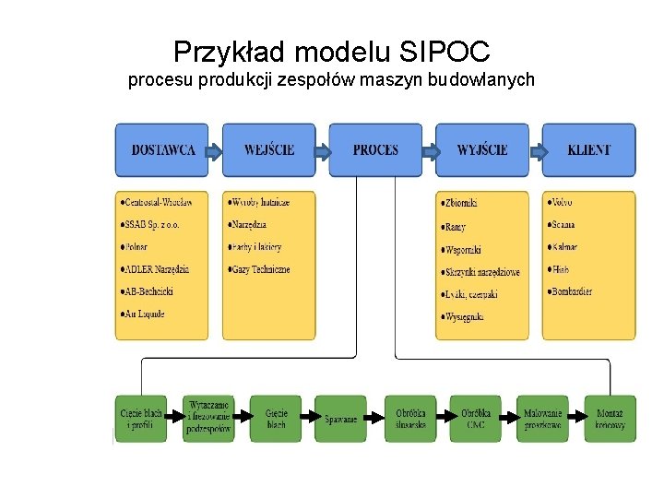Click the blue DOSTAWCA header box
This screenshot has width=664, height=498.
(x=162, y=149)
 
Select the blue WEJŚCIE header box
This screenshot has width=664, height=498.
(x=269, y=149)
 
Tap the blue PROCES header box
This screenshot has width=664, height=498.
(x=375, y=149)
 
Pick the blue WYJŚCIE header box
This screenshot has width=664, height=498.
(x=482, y=149)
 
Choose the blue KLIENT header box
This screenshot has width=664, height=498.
(x=588, y=149)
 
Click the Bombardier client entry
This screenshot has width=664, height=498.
(x=572, y=291)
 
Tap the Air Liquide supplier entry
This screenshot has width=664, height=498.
(x=144, y=314)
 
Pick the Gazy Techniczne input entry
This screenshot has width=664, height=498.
(x=262, y=269)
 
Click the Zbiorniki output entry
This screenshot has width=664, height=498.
(x=461, y=203)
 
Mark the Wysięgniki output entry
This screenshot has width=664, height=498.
(x=465, y=317)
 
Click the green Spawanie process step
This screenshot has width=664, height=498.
(x=340, y=419)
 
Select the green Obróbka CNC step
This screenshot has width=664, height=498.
(x=475, y=419)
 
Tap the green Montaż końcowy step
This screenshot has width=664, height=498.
(x=610, y=419)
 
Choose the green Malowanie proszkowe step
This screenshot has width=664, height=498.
(x=542, y=419)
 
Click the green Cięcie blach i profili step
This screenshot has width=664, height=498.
(x=141, y=419)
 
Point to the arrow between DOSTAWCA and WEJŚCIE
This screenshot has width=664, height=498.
(x=214, y=150)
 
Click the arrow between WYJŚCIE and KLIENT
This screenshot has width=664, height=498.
(x=535, y=150)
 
